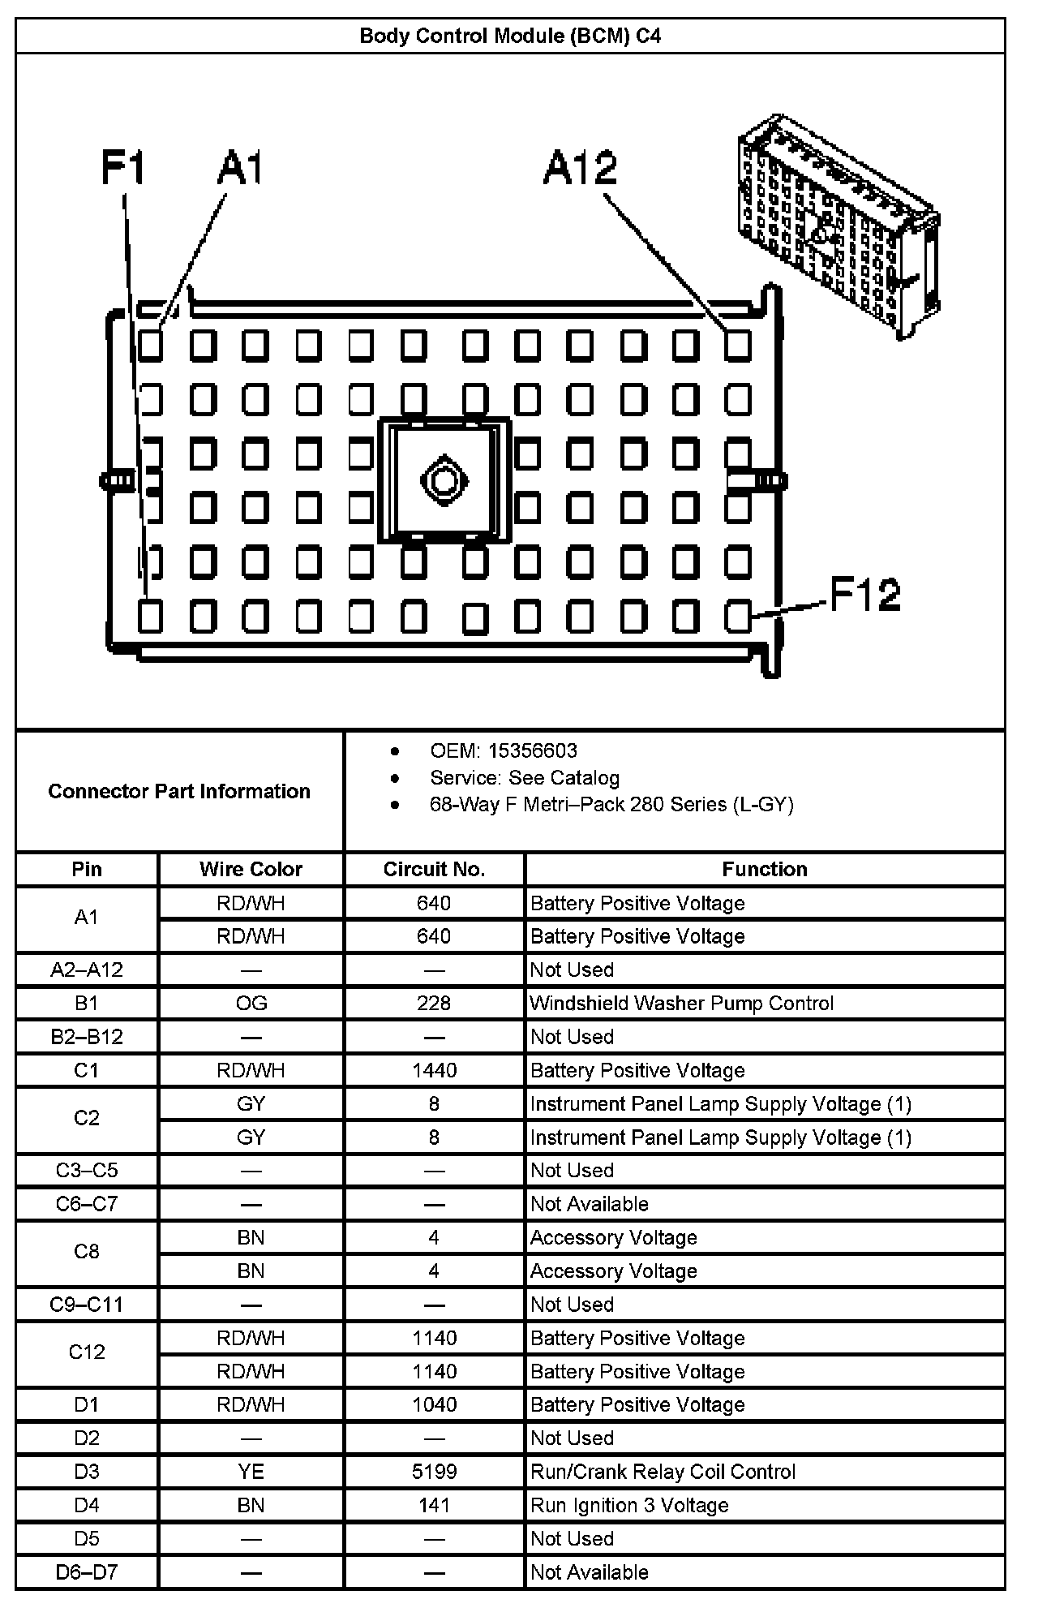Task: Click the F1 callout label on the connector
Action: [122, 168]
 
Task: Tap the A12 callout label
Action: [580, 168]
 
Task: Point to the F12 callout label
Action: [864, 594]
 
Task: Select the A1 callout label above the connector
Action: [241, 168]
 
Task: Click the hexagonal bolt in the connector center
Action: [444, 480]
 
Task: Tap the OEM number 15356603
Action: [532, 750]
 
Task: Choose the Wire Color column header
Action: [251, 869]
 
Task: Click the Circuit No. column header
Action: [434, 869]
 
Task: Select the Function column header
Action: [764, 869]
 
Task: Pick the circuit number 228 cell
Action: [434, 1003]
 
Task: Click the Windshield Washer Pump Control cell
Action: [681, 1003]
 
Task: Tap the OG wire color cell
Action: [251, 1003]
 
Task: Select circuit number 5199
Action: [434, 1472]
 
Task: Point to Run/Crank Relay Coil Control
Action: [663, 1472]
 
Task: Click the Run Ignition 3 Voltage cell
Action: [629, 1505]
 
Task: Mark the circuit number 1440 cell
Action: [434, 1070]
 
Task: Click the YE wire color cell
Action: [251, 1472]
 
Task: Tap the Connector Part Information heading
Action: [179, 791]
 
